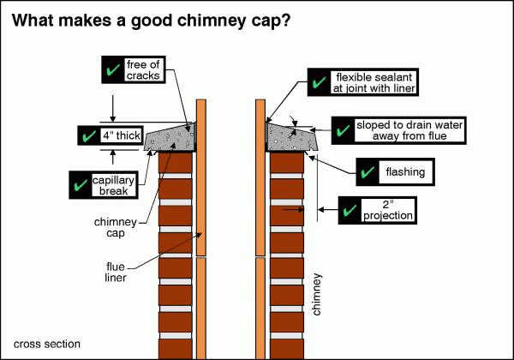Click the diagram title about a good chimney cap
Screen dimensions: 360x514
point(163,20)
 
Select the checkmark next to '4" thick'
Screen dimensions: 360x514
point(87,136)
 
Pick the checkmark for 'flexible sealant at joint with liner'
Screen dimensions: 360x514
point(319,84)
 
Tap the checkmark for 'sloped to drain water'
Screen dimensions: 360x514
point(342,130)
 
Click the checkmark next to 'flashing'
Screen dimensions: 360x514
point(368,172)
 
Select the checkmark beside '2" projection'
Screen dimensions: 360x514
point(351,208)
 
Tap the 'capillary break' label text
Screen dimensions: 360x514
point(112,183)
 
